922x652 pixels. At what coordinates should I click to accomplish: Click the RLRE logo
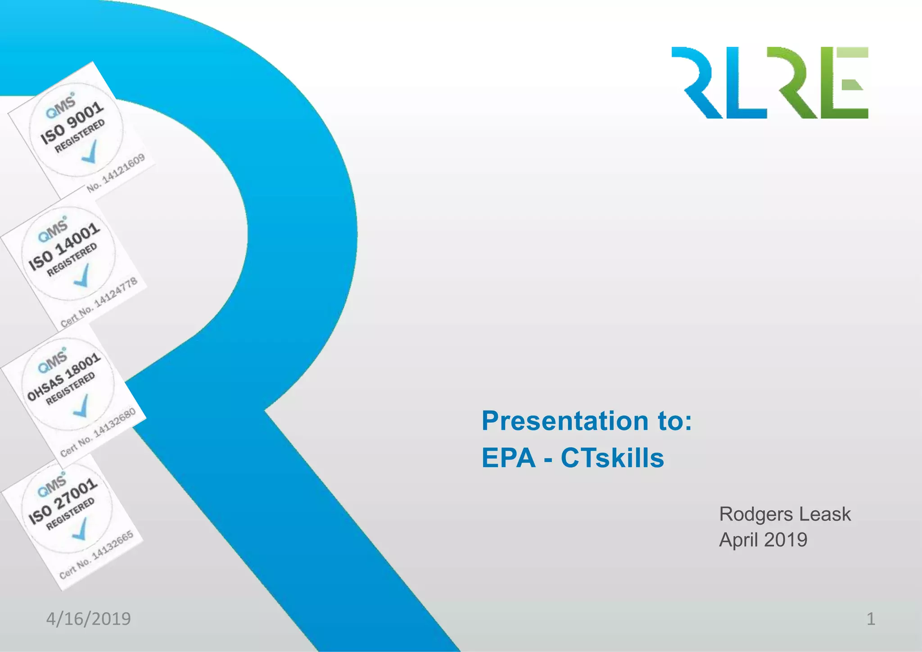tap(770, 83)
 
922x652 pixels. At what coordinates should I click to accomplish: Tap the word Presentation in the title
tap(565, 421)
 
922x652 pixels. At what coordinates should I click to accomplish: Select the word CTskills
tap(612, 458)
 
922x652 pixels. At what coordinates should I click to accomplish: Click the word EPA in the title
tap(509, 458)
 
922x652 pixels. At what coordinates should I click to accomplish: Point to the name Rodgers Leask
tap(785, 514)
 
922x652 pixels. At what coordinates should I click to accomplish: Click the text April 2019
tap(763, 540)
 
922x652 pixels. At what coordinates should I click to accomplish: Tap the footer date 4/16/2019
tap(88, 619)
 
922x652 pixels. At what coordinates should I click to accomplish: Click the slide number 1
tap(871, 619)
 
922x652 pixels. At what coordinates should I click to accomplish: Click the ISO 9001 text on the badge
tap(72, 122)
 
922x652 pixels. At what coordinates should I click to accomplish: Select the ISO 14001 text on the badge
tap(64, 247)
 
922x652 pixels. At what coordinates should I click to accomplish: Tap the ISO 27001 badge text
tap(63, 501)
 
